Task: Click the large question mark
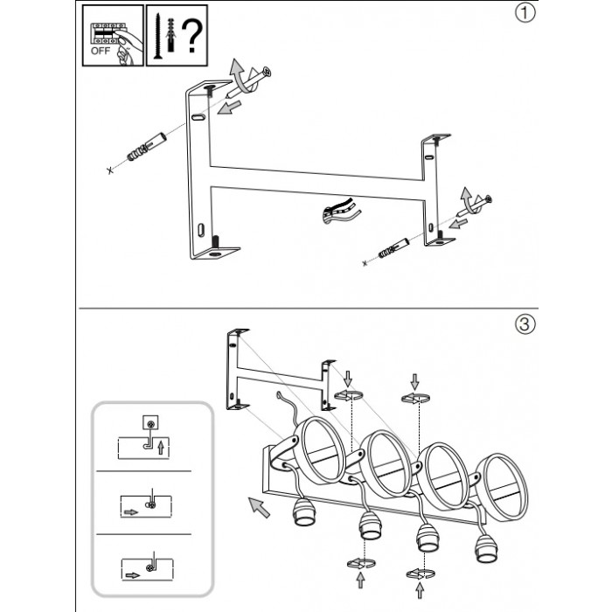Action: tap(191, 34)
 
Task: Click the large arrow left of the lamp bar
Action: tap(256, 506)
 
